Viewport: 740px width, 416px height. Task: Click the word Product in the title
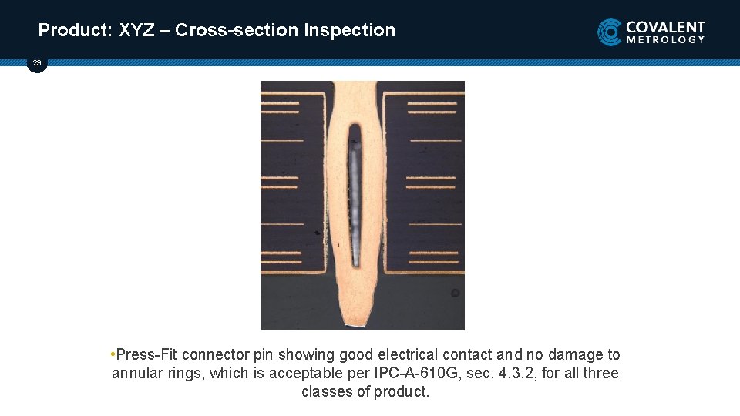point(74,31)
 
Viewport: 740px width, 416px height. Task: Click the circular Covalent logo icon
point(610,32)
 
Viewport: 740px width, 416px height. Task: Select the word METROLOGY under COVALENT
point(665,39)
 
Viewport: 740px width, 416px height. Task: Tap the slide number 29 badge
point(37,63)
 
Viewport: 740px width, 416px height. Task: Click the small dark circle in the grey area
point(456,293)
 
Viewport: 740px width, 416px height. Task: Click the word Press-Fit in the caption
point(146,355)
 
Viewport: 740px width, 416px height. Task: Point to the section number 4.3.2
point(512,374)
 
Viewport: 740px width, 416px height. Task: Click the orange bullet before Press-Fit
point(113,354)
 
